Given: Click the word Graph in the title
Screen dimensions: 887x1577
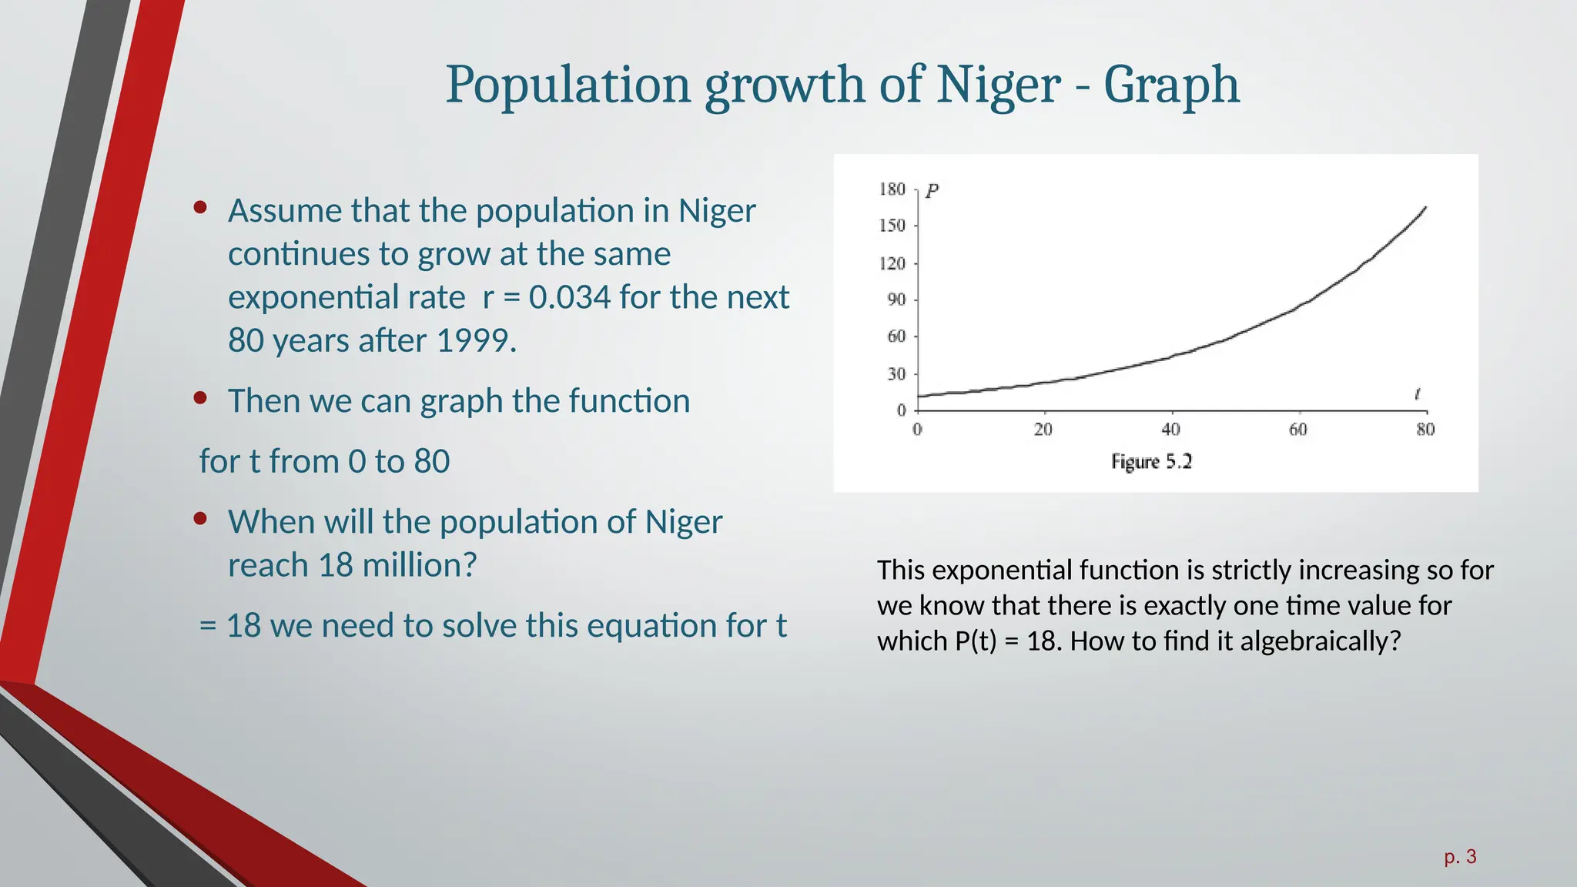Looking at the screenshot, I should click(x=1171, y=85).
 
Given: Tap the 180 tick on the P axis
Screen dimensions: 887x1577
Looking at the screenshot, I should click(x=892, y=189).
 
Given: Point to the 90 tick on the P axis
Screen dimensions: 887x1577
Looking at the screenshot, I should click(x=896, y=300).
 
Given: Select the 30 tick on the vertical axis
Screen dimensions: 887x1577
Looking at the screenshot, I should click(x=896, y=374).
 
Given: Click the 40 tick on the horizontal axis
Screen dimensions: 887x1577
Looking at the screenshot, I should click(x=1170, y=430).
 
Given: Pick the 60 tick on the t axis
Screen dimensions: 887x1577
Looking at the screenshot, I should click(x=1298, y=430).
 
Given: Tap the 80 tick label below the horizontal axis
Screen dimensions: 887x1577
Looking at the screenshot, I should click(x=1425, y=430).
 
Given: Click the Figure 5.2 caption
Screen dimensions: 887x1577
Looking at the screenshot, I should click(x=1151, y=462).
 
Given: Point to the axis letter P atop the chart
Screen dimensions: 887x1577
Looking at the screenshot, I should click(x=932, y=191).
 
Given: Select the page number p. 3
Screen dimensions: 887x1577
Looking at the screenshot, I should click(x=1460, y=856).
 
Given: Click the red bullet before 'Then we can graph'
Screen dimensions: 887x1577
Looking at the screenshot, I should click(x=201, y=398).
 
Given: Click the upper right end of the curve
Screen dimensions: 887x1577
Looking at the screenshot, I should click(x=1425, y=207).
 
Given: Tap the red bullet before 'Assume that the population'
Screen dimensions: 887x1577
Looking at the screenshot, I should click(x=201, y=207).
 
